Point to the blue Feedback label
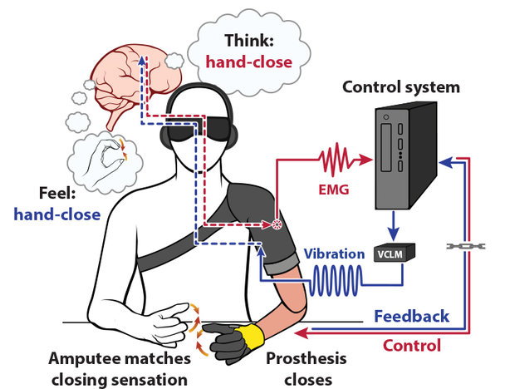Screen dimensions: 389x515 [x=411, y=316]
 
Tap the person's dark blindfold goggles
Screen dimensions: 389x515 [x=202, y=129]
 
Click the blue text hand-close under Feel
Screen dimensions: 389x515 [x=57, y=214]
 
